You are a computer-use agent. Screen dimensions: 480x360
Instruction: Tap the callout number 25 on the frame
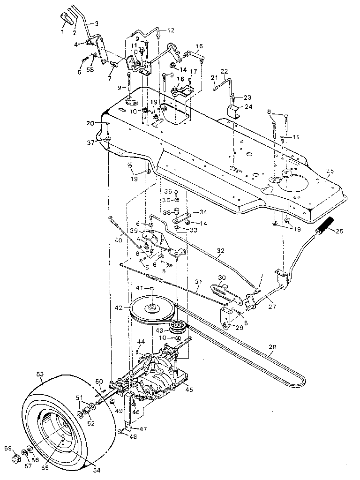click(330, 172)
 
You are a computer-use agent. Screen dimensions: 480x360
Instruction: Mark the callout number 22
click(224, 71)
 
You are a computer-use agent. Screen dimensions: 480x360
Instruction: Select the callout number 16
click(199, 46)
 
